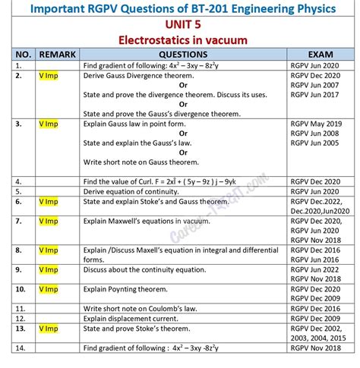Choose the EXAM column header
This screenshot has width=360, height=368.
tap(319, 55)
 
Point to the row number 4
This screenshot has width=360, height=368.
tap(17, 181)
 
